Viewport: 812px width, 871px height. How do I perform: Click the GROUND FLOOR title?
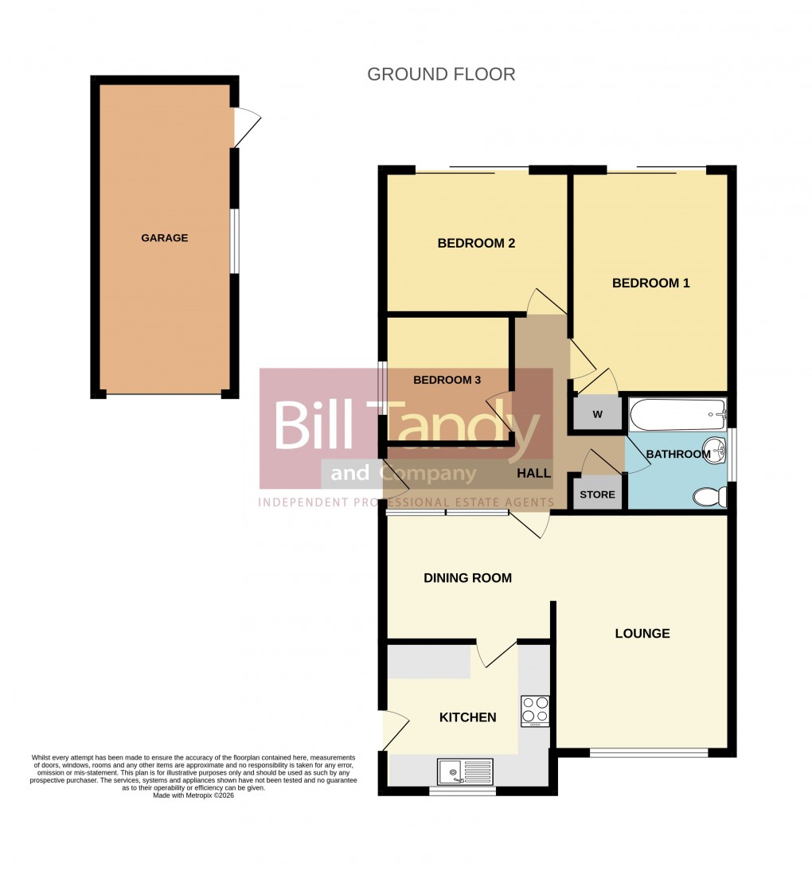tap(441, 74)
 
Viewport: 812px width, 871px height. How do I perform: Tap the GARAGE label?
tap(165, 237)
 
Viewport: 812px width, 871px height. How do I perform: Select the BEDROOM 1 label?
tap(650, 283)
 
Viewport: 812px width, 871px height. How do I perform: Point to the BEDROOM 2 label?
tap(476, 243)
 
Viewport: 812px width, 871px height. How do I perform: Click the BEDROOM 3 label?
tap(447, 380)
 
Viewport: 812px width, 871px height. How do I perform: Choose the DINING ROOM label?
tap(467, 578)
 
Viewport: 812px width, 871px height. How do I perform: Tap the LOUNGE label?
tap(642, 634)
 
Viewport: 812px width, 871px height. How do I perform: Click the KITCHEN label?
tap(468, 717)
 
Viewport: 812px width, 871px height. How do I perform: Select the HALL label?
tap(533, 473)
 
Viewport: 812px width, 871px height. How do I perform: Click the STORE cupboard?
tap(597, 494)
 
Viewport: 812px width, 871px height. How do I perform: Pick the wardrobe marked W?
tap(597, 414)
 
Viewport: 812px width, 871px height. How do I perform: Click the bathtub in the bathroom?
tap(677, 415)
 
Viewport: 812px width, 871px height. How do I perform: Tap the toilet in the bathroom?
tap(709, 498)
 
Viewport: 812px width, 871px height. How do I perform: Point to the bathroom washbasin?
tap(715, 451)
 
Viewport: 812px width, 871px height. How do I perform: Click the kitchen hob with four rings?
tap(535, 712)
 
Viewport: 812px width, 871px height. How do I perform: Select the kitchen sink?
tap(465, 771)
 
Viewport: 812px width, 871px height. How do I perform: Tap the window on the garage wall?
tap(234, 240)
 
